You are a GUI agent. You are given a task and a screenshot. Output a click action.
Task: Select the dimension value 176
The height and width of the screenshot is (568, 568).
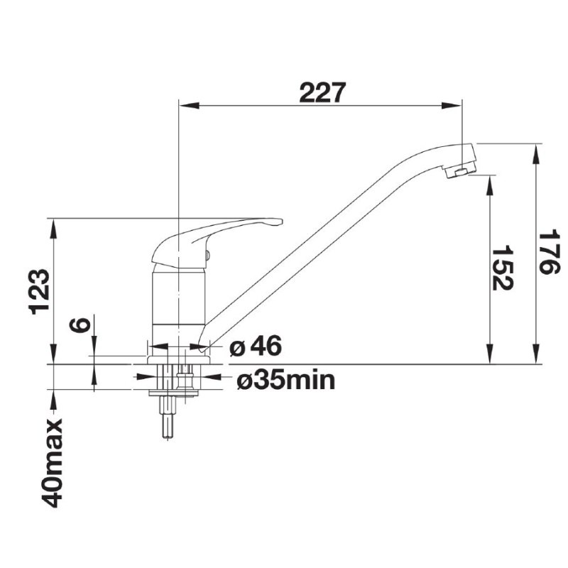(x=548, y=253)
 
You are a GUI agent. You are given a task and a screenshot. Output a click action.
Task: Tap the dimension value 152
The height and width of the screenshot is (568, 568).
(x=503, y=268)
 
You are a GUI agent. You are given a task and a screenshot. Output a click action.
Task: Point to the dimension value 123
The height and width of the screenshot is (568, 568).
(x=40, y=291)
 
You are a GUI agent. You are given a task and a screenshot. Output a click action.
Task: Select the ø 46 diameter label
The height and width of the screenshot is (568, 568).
(x=256, y=346)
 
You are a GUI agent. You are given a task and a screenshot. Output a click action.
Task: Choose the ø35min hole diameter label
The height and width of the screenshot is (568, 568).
(x=285, y=381)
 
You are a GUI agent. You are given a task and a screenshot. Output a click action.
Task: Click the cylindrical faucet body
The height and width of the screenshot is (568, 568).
(x=178, y=298)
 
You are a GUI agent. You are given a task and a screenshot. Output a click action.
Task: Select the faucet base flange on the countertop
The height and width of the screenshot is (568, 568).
(x=178, y=359)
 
